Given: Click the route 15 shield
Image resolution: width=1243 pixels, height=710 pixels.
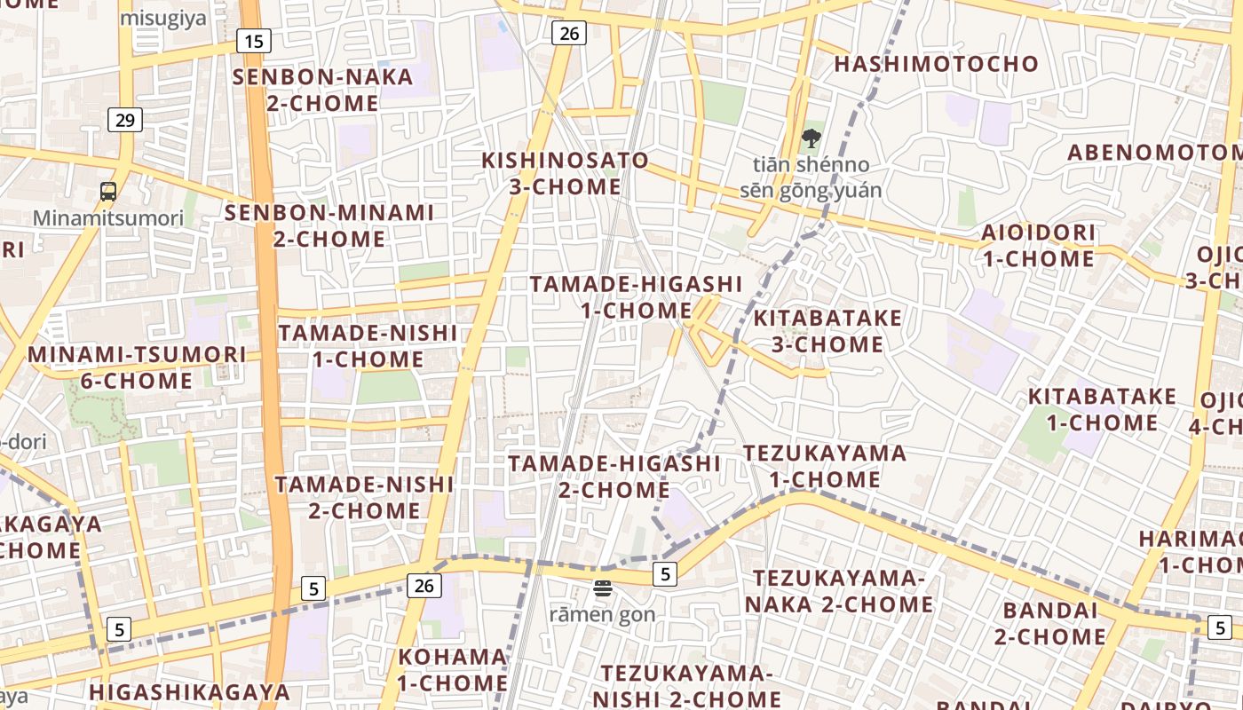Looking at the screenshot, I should tap(254, 40).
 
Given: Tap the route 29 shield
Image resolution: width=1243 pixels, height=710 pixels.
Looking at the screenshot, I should tap(125, 119).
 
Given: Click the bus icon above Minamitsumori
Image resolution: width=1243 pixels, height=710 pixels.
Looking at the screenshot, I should tap(108, 191).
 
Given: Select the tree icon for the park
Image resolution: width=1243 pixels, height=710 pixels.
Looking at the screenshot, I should tap(811, 138).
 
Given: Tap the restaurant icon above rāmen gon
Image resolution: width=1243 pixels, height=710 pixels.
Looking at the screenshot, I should tap(603, 588).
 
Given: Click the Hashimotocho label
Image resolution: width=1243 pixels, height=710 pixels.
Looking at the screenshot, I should tap(936, 64).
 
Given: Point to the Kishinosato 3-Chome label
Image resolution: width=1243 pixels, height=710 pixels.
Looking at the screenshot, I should tap(565, 174).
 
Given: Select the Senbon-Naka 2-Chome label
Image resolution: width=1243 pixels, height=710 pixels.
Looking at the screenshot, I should tap(306, 90).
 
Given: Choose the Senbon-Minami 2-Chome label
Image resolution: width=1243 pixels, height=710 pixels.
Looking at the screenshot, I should tap(329, 225).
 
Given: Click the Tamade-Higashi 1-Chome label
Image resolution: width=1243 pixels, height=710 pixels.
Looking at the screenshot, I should tap(636, 296).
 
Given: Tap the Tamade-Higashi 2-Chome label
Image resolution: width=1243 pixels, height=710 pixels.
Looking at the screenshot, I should tap(614, 477).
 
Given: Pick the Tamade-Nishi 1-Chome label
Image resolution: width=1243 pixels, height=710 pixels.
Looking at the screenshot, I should tap(368, 346).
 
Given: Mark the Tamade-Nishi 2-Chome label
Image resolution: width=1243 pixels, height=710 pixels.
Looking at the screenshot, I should tap(364, 497).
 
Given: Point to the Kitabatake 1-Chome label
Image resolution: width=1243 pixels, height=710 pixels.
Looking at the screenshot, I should tap(1102, 409).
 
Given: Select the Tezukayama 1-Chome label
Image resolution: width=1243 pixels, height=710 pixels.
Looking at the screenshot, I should tap(825, 466).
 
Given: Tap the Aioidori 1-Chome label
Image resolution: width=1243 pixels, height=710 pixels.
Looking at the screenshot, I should tap(1038, 246).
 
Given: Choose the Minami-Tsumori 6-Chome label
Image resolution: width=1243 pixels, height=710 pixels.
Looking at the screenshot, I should tap(137, 367).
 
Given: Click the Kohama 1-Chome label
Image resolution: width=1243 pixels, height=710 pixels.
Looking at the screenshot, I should tap(453, 670).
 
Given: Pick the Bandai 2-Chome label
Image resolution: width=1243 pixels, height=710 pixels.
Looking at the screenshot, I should tap(1050, 623).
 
